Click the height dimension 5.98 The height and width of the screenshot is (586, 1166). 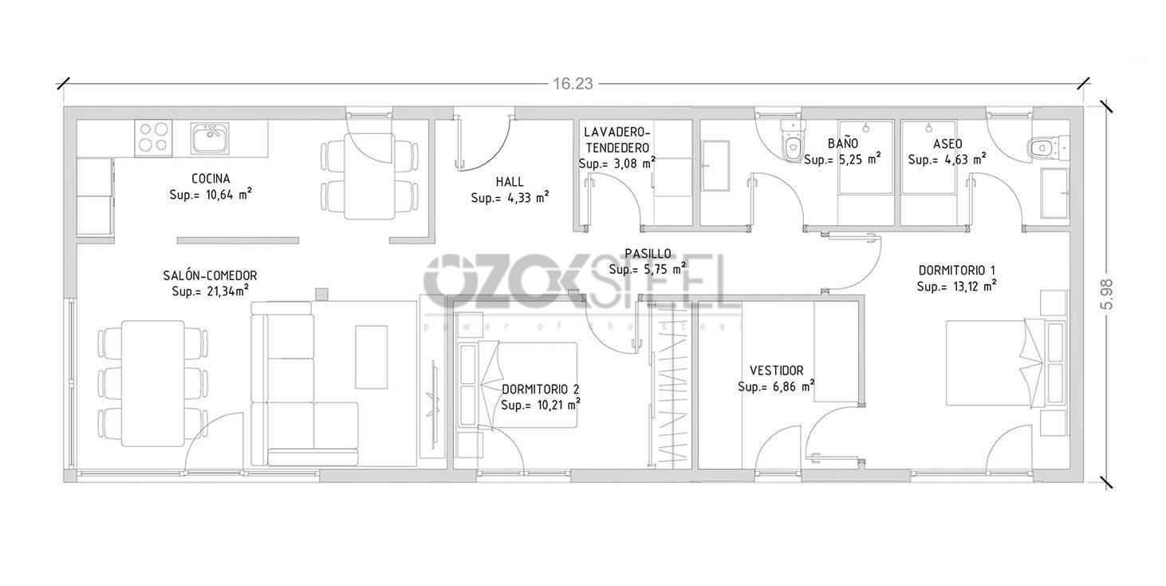(x=1105, y=293)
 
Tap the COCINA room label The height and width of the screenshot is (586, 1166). (x=211, y=178)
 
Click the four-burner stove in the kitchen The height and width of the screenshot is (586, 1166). (x=153, y=137)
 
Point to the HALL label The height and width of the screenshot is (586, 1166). (x=509, y=182)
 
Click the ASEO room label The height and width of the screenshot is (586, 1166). (x=947, y=144)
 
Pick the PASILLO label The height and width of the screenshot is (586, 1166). (x=647, y=253)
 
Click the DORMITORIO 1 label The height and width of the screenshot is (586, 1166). (x=956, y=270)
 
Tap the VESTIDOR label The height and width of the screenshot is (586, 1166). (x=776, y=370)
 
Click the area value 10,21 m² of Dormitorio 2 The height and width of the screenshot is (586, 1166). (x=540, y=405)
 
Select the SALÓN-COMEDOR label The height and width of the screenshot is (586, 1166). (x=210, y=275)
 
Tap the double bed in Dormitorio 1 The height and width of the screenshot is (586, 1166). (x=997, y=363)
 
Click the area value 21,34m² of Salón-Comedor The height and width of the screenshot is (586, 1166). (x=210, y=291)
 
